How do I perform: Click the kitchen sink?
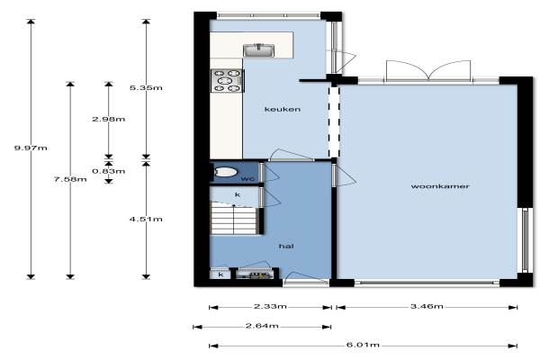click(259, 50)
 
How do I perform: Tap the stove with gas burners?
click(228, 81)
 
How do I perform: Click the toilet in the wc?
click(226, 172)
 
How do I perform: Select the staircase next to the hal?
click(234, 218)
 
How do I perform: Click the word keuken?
click(283, 109)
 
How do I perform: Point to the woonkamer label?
click(440, 186)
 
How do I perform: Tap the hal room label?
click(286, 247)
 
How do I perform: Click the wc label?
click(247, 179)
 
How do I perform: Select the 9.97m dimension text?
click(31, 148)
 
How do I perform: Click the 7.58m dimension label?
click(70, 179)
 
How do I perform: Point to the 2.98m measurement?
click(109, 119)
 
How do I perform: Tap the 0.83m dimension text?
click(109, 171)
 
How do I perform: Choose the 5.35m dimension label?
click(146, 88)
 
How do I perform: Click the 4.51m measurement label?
click(146, 219)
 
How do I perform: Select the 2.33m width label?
click(270, 306)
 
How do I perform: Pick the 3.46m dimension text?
click(427, 306)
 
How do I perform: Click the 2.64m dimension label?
click(262, 326)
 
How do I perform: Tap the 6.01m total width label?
click(363, 345)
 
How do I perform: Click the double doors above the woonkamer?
click(428, 71)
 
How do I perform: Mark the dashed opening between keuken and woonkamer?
click(334, 122)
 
